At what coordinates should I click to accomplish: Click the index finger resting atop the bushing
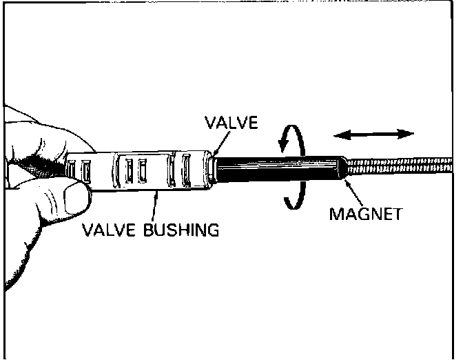point(41,138)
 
